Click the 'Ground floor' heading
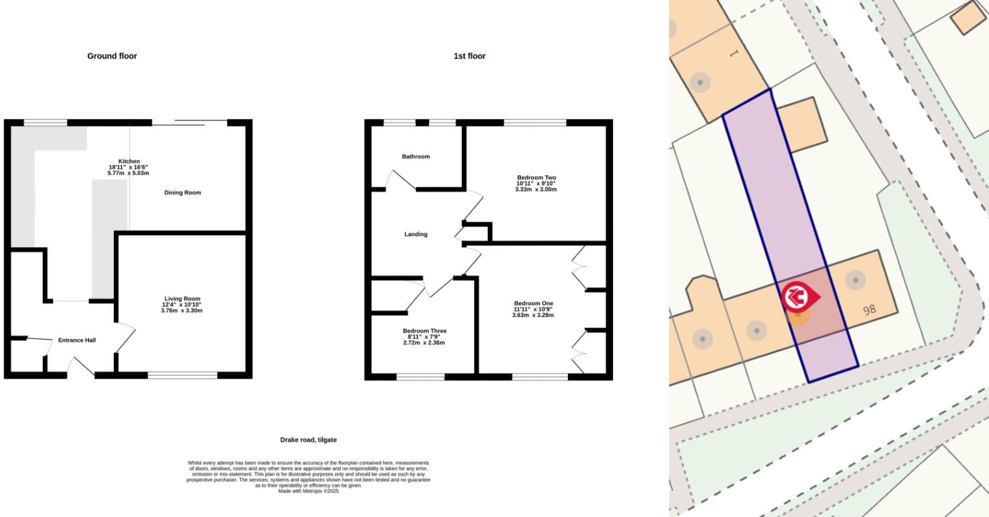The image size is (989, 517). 112,56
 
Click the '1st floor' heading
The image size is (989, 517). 469,56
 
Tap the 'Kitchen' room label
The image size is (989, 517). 128,161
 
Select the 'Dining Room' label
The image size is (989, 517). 182,192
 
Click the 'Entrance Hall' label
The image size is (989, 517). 77,340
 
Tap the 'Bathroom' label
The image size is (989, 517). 415,157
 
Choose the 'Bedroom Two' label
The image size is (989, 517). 536,178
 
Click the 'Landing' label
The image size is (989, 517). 415,234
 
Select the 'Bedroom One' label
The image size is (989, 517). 533,304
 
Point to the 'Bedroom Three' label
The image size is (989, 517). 424,331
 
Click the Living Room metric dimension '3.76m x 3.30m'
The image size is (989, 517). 182,311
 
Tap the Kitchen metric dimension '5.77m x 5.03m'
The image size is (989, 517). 128,174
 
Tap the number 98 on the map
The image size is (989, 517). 869,310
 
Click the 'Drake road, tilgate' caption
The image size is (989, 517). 308,440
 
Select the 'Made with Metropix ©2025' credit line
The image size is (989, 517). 308,492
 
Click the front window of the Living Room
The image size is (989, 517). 182,375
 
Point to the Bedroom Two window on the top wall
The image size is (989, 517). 535,122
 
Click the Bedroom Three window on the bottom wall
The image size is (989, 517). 420,377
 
